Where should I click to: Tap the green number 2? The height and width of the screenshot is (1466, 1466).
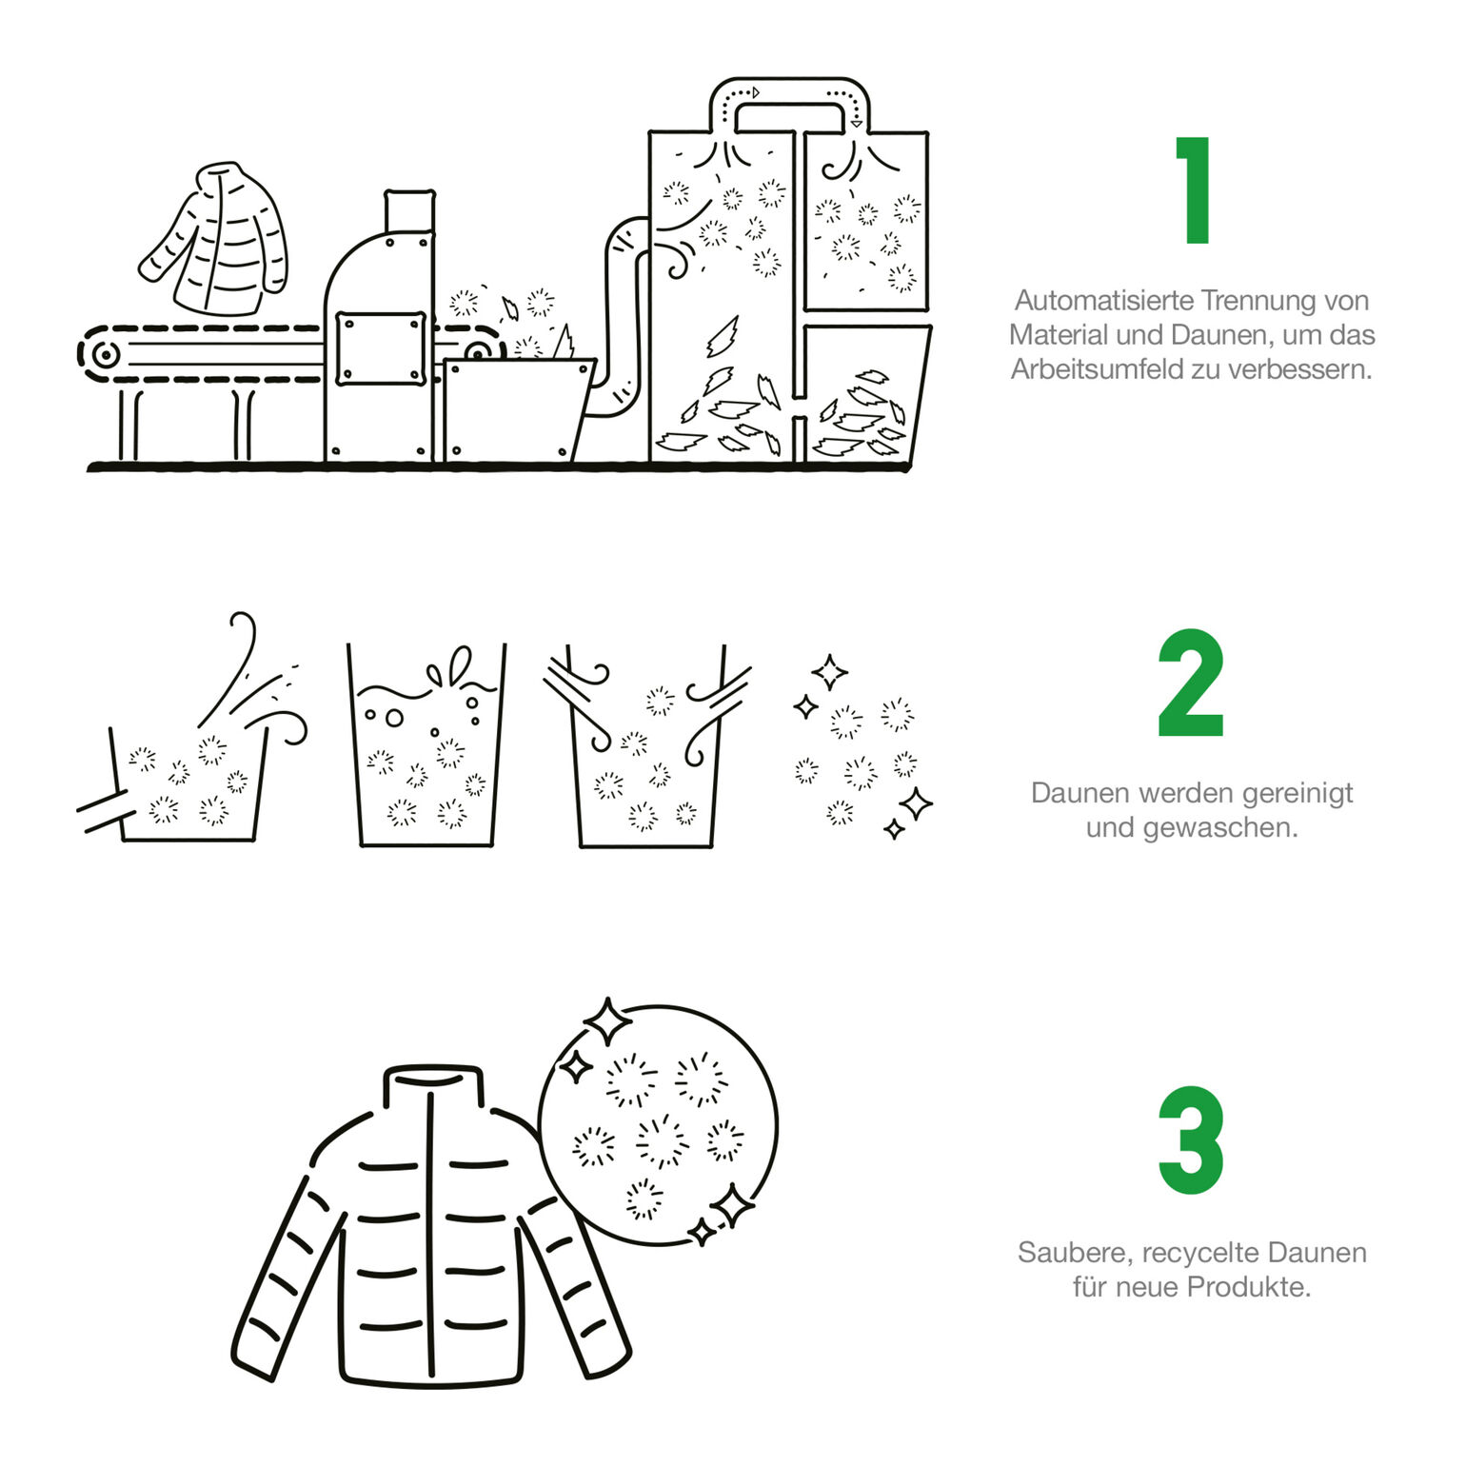point(1191,683)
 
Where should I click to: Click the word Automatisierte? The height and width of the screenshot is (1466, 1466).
point(1103,300)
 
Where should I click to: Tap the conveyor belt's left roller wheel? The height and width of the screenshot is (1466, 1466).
point(105,355)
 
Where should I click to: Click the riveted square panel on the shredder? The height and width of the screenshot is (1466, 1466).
point(381,348)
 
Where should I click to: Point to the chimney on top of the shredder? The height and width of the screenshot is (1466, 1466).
point(410,211)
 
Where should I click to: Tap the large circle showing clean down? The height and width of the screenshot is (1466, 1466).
point(658,1124)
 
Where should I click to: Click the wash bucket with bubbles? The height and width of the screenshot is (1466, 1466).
point(426,745)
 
